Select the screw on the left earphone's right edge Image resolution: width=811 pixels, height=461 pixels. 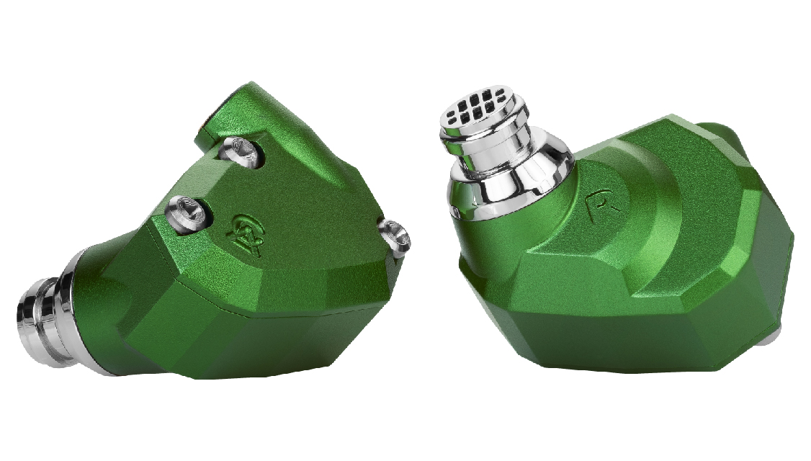[394, 234]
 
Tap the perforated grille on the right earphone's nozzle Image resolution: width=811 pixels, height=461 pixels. [482, 109]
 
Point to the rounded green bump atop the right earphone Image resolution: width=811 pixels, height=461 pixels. [720, 133]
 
